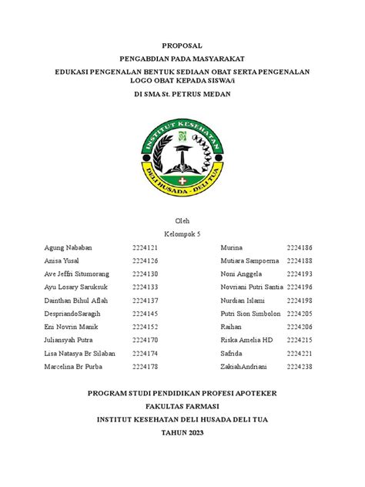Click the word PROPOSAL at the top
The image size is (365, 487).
[182, 46]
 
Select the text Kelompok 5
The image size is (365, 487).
[182, 233]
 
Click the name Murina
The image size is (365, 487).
[232, 247]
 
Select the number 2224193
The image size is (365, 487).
[300, 274]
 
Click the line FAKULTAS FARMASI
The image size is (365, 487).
[182, 406]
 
